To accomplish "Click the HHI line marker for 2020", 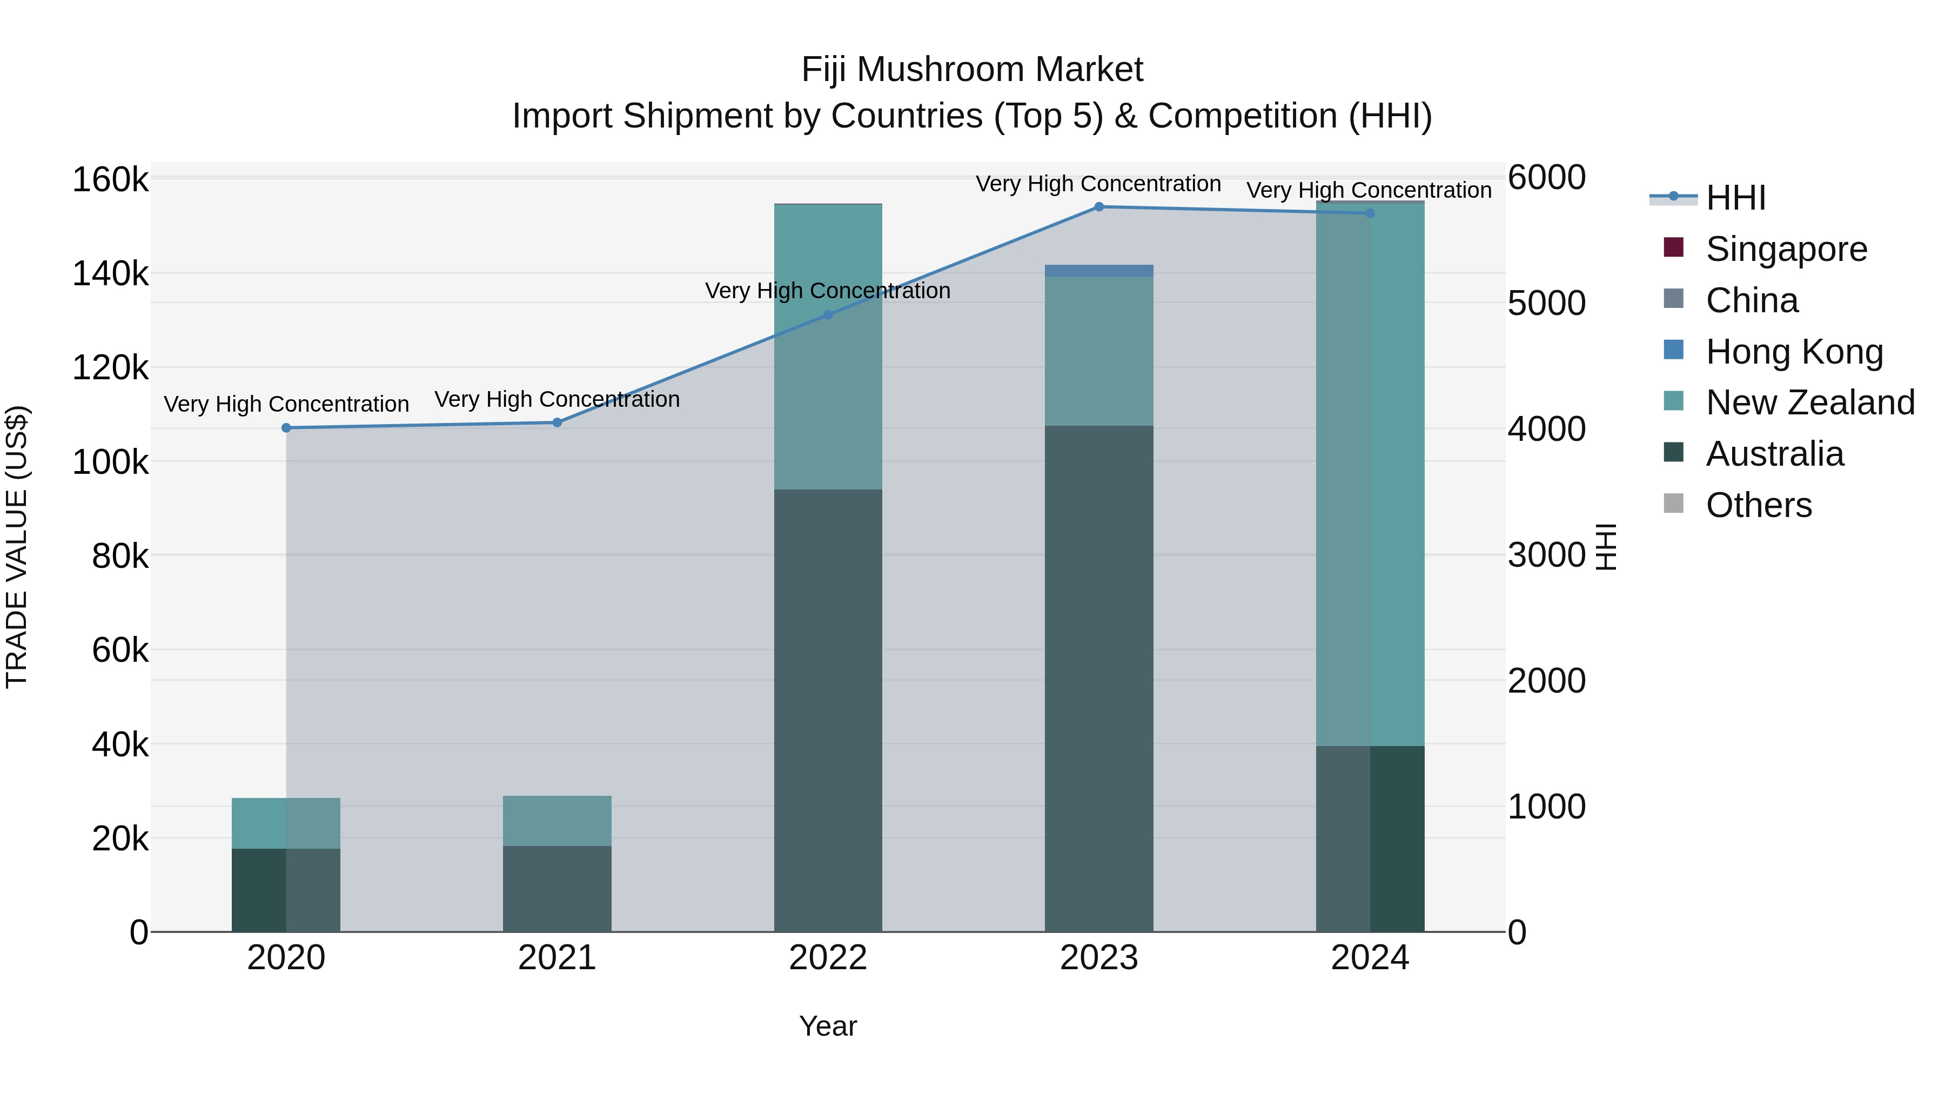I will tap(286, 428).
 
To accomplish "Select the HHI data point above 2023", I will tap(1098, 207).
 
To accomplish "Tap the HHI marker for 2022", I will tap(828, 315).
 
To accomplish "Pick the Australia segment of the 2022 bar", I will tap(828, 710).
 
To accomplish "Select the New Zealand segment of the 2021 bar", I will tap(557, 821).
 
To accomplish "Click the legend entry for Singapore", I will tap(1786, 249).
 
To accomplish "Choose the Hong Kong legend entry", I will tap(1794, 352).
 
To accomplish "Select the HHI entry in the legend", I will tap(1735, 198).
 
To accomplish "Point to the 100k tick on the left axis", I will tap(110, 462).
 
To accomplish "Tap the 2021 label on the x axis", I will tap(557, 958).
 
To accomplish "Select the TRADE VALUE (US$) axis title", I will tap(17, 547).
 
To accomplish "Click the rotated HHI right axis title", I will tap(1606, 547).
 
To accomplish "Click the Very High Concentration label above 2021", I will tap(557, 399).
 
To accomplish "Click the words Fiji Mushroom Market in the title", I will tap(972, 70).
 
